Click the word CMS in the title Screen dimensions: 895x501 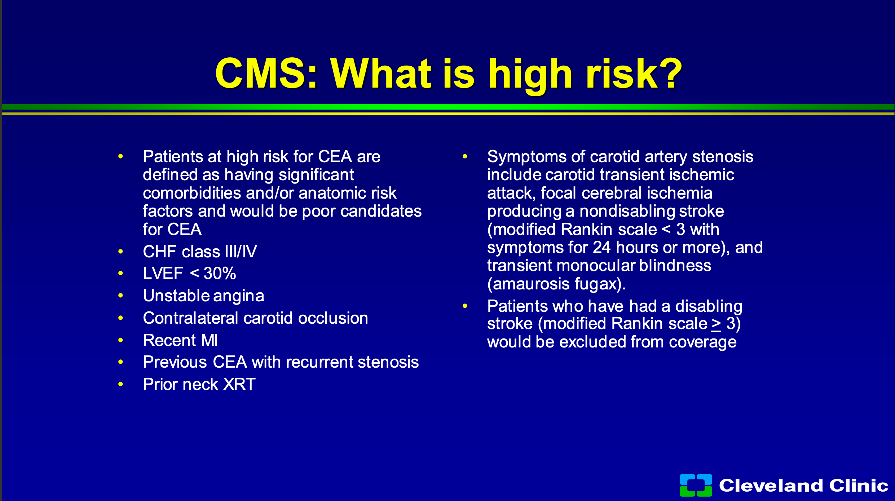pyautogui.click(x=266, y=73)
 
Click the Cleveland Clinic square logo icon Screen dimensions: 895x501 pyautogui.click(x=696, y=485)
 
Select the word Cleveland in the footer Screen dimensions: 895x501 pyautogui.click(x=771, y=485)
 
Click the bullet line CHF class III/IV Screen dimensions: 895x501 pyautogui.click(x=200, y=252)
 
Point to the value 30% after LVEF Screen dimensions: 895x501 pyautogui.click(x=220, y=274)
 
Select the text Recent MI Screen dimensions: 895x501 pyautogui.click(x=180, y=340)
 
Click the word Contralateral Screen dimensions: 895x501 pyautogui.click(x=191, y=318)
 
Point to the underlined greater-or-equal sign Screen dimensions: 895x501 pyautogui.click(x=716, y=324)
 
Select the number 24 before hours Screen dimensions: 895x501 pyautogui.click(x=602, y=248)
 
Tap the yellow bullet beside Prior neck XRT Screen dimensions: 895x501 pyautogui.click(x=120, y=385)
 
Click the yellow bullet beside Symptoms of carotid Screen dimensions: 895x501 pyautogui.click(x=465, y=156)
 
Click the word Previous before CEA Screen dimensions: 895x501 pyautogui.click(x=175, y=362)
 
